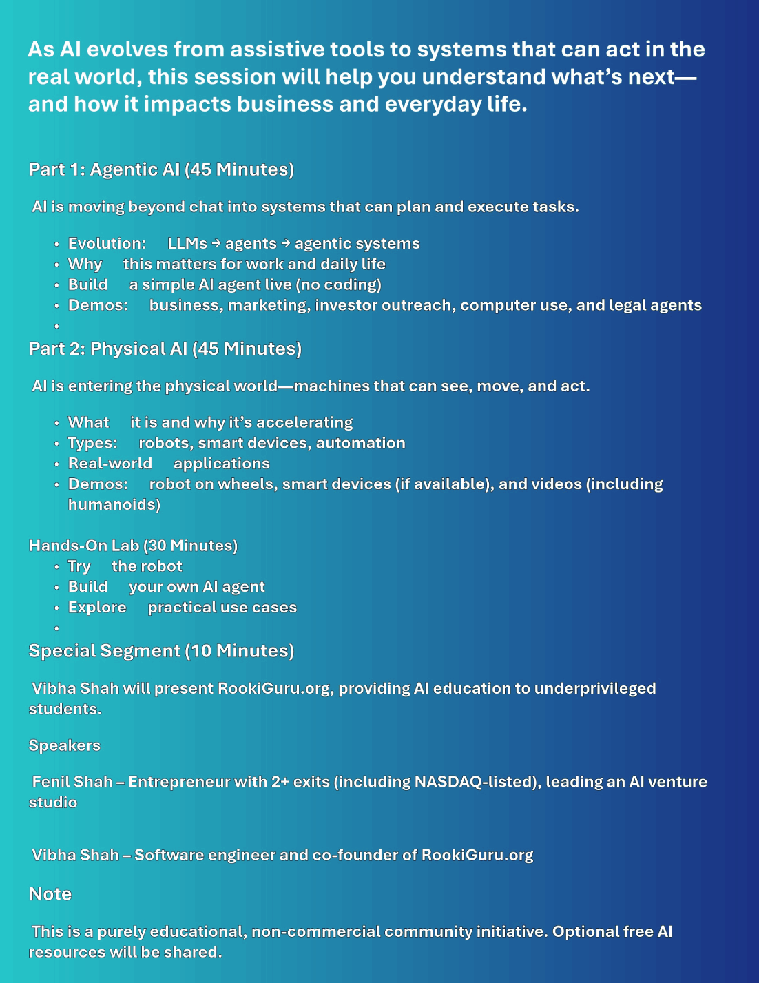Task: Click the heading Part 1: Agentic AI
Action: pyautogui.click(x=161, y=169)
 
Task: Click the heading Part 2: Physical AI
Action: pyautogui.click(x=165, y=349)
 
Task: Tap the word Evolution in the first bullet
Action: pyautogui.click(x=107, y=243)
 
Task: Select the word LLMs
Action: pyautogui.click(x=187, y=243)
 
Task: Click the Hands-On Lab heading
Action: pyautogui.click(x=133, y=546)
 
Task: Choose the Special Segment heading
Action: pyautogui.click(x=161, y=651)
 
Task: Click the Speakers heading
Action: pyautogui.click(x=64, y=745)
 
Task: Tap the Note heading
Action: pyautogui.click(x=50, y=893)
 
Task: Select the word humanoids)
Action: pyautogui.click(x=114, y=504)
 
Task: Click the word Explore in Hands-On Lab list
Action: pyautogui.click(x=97, y=607)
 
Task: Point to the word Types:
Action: pyautogui.click(x=92, y=443)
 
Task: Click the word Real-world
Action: pyautogui.click(x=110, y=464)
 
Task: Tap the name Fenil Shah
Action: pyautogui.click(x=72, y=782)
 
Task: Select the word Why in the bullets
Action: pyautogui.click(x=85, y=264)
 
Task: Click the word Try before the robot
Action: pyautogui.click(x=79, y=566)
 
